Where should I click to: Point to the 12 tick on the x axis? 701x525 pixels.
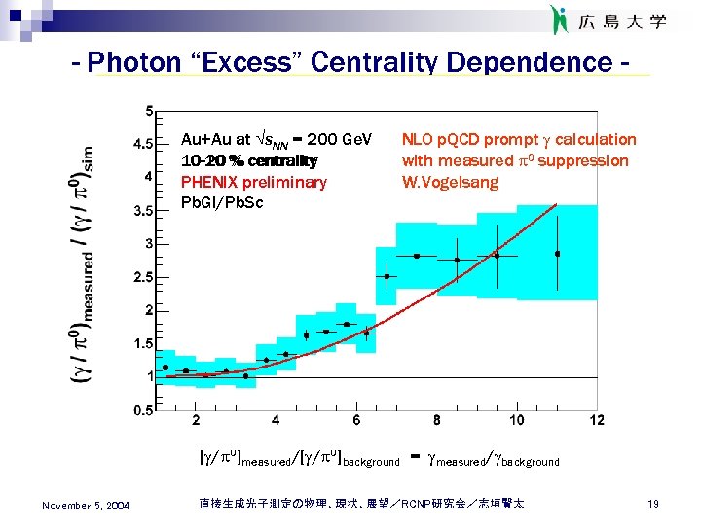tap(596, 420)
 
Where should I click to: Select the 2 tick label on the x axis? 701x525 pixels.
tap(196, 420)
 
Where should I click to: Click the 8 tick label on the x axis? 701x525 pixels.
tap(436, 420)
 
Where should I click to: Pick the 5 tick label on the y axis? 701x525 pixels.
tap(147, 109)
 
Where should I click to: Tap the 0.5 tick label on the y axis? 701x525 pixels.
tap(142, 410)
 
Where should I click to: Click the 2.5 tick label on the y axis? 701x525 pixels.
tap(142, 277)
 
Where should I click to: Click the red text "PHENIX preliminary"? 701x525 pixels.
tap(254, 182)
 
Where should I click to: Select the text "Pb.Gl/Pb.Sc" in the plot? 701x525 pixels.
tap(222, 202)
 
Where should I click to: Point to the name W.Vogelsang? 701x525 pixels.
tap(450, 182)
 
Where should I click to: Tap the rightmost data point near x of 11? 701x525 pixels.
tap(557, 254)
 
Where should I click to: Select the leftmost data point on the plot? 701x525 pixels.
tap(166, 367)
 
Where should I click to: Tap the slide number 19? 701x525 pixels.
tap(652, 504)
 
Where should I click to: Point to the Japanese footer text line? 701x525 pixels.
tap(360, 503)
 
